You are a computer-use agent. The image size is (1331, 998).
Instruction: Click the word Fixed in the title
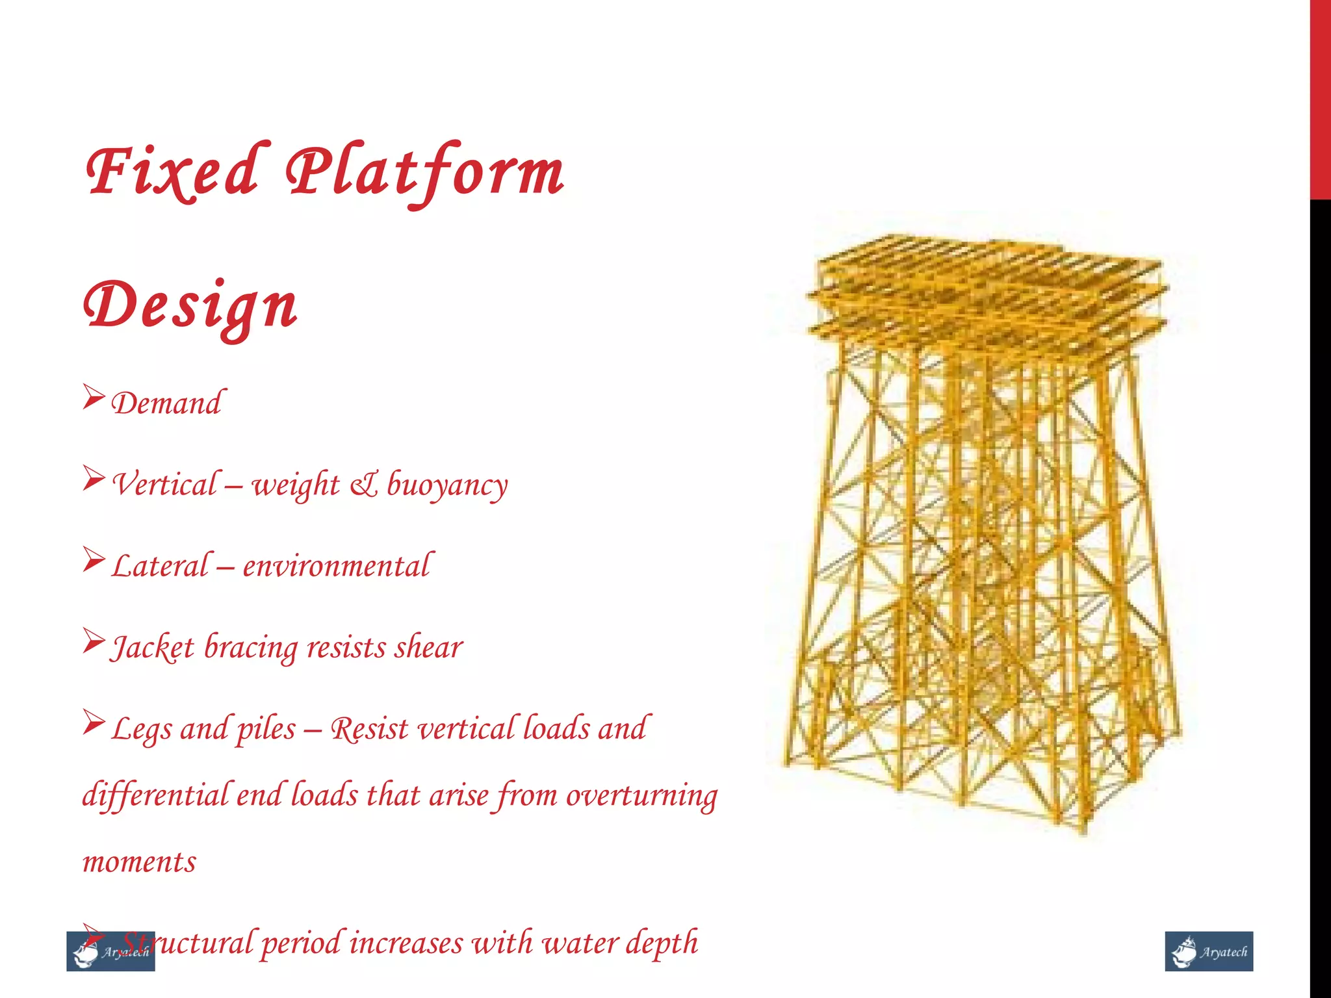tap(174, 170)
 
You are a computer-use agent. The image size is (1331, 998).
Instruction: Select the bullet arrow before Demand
tap(94, 397)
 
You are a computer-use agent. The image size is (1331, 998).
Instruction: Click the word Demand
tap(167, 403)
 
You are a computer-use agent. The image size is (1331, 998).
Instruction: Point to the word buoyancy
tap(448, 485)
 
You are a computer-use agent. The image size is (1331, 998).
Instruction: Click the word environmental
tap(336, 566)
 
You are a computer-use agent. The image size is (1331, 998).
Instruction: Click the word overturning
tap(641, 795)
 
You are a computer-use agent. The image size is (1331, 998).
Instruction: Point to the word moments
tap(139, 862)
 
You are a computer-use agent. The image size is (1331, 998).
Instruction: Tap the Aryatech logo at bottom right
tap(1209, 951)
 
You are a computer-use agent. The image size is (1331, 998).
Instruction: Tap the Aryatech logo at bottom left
tap(110, 952)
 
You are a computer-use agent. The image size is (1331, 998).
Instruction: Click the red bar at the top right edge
tap(1320, 97)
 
